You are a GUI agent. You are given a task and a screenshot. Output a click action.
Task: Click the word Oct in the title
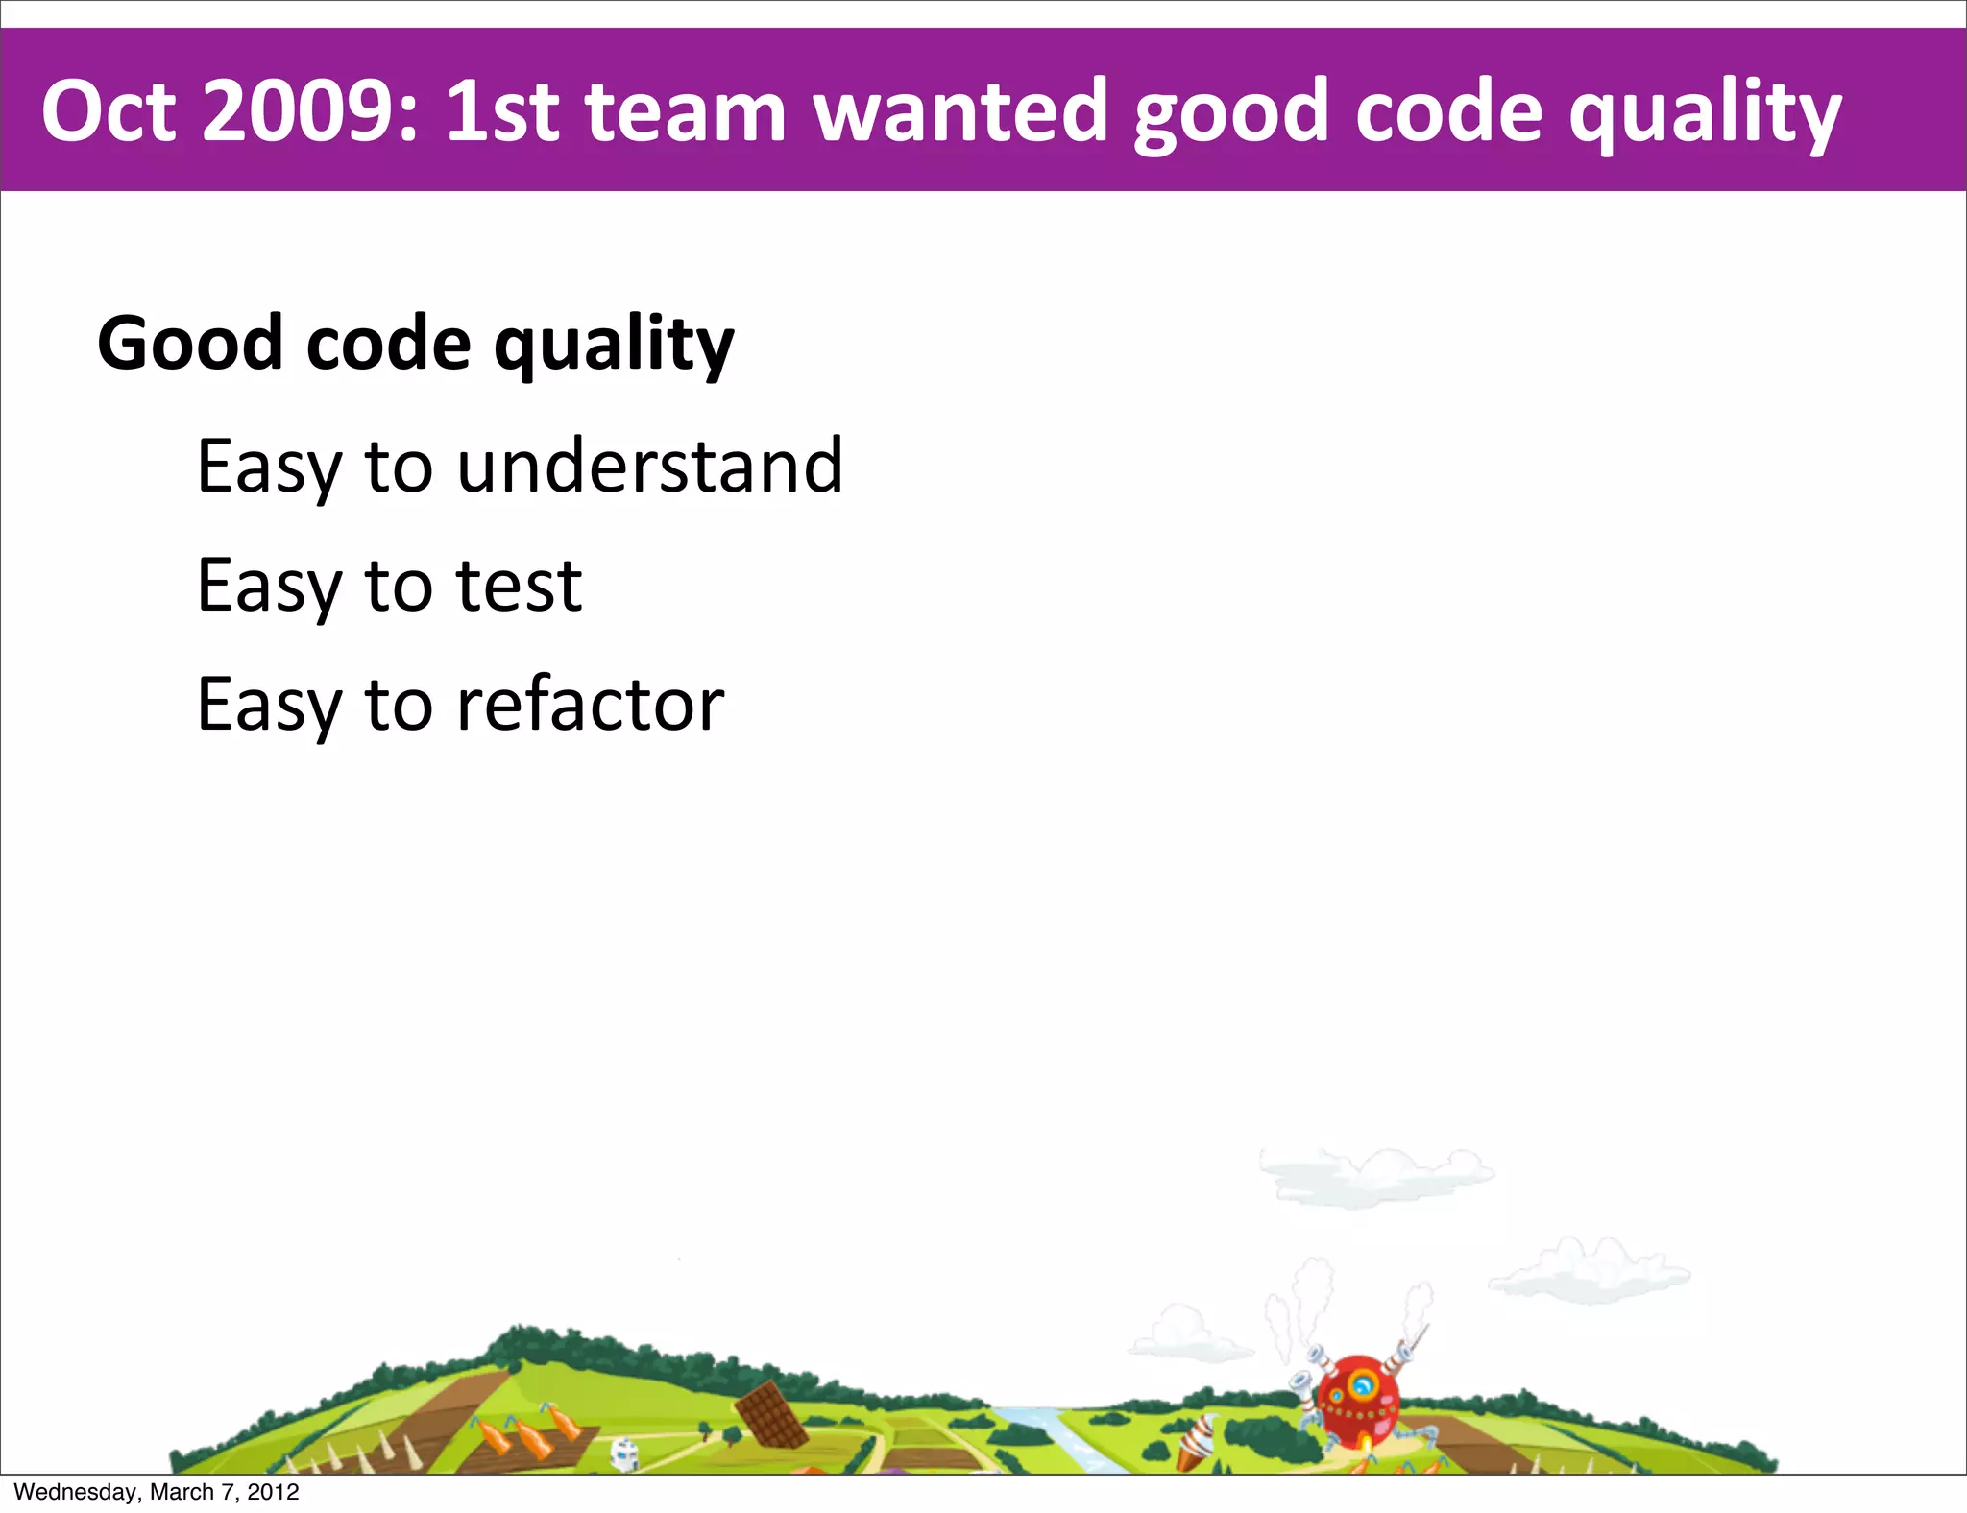(109, 111)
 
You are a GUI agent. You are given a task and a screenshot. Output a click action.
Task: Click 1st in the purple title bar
(502, 111)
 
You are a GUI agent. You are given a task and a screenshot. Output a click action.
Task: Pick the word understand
(649, 466)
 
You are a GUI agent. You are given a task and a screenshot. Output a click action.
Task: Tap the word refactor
(590, 705)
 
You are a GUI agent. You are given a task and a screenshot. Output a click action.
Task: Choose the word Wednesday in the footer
(76, 1492)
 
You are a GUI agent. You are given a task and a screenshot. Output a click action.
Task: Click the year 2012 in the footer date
(273, 1492)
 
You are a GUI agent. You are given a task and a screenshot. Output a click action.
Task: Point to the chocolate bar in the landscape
(770, 1414)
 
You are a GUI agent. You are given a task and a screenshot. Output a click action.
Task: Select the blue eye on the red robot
(1362, 1385)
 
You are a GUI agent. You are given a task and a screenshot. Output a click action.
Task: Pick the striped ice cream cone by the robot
(1196, 1441)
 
